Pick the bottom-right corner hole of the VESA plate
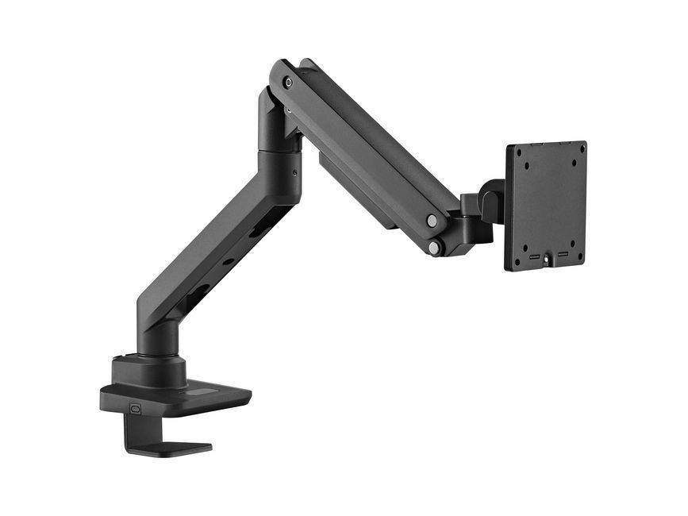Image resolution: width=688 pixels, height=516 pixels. pos(579,255)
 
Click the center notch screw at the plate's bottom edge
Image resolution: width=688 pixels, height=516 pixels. pos(547,260)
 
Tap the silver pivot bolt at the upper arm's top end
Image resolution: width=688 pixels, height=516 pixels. pos(288,83)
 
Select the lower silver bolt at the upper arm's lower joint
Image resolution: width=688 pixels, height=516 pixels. pos(434,248)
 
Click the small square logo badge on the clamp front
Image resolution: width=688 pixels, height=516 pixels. pos(135,410)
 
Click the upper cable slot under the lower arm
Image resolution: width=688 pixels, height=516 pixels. pos(256,231)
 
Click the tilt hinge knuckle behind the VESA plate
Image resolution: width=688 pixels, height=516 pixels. pos(490,198)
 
